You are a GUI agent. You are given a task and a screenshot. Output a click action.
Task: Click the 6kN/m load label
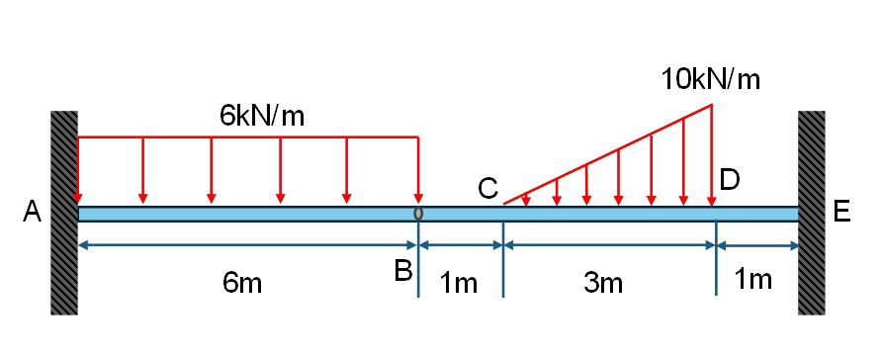point(262,116)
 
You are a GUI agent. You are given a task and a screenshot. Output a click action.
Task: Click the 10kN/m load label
point(710,79)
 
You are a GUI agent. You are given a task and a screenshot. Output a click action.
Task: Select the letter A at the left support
point(32,213)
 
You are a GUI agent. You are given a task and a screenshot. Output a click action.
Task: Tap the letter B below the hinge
point(403,271)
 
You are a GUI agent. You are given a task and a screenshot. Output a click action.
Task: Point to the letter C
point(487,189)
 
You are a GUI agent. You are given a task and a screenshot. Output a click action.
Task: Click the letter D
point(729,181)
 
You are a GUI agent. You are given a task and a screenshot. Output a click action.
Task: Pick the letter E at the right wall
point(841,212)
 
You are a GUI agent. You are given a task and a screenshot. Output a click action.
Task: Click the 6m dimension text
point(242,283)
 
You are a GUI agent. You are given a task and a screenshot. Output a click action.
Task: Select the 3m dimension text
point(603,283)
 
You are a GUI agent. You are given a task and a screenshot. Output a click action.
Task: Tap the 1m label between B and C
point(459,283)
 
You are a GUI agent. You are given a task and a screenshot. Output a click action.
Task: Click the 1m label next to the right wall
point(753,280)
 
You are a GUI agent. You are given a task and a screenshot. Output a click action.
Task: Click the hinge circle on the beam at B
point(418,214)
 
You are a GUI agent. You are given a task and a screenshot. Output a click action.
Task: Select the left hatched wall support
point(64,213)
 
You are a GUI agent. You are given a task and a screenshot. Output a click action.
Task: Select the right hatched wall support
point(812,213)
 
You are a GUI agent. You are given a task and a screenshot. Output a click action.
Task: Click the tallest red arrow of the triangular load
point(712,155)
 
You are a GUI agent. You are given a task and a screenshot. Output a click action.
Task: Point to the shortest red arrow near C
point(526,199)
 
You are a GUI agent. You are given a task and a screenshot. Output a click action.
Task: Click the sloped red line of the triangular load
point(607,154)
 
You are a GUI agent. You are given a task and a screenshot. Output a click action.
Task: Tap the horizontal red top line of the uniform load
point(248,136)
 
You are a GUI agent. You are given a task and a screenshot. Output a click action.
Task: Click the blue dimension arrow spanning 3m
point(609,245)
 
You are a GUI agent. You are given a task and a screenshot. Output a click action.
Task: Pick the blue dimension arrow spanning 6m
point(247,245)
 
